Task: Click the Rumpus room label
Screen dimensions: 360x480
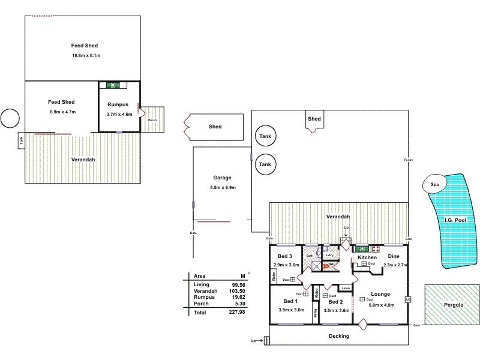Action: pyautogui.click(x=118, y=104)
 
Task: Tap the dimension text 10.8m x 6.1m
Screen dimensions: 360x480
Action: pyautogui.click(x=86, y=56)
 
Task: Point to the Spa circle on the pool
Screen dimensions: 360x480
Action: pyautogui.click(x=434, y=185)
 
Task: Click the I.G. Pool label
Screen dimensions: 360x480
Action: pyautogui.click(x=455, y=220)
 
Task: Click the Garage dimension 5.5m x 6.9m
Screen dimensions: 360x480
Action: pyautogui.click(x=223, y=188)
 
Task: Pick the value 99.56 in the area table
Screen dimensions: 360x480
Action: pyautogui.click(x=238, y=285)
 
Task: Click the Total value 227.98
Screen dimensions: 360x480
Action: pyautogui.click(x=237, y=313)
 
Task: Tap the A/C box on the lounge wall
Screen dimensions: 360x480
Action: pyautogui.click(x=408, y=299)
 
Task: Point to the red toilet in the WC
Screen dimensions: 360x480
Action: pyautogui.click(x=326, y=265)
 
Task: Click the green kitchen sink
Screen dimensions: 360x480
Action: pyautogui.click(x=362, y=248)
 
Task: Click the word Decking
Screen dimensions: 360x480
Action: pyautogui.click(x=339, y=336)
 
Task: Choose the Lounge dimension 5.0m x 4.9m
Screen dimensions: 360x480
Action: pyautogui.click(x=380, y=305)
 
